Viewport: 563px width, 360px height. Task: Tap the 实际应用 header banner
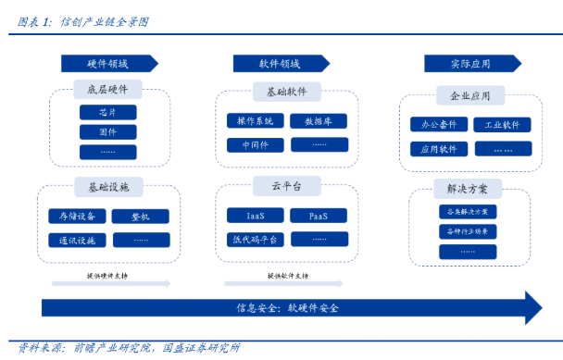pyautogui.click(x=470, y=63)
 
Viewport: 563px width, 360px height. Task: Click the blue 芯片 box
pyautogui.click(x=107, y=112)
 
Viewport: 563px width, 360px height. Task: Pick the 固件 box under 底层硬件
pyautogui.click(x=107, y=131)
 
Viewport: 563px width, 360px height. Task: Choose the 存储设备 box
pyautogui.click(x=78, y=217)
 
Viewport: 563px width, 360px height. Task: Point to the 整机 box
pyautogui.click(x=140, y=217)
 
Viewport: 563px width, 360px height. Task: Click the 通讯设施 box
pyautogui.click(x=78, y=240)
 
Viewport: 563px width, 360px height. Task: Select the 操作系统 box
pyautogui.click(x=256, y=121)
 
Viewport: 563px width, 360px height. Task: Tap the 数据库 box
pyautogui.click(x=319, y=121)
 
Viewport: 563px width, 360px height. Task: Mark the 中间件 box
pyautogui.click(x=256, y=144)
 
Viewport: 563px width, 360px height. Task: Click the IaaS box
pyautogui.click(x=256, y=216)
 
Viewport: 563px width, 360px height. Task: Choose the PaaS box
pyautogui.click(x=319, y=216)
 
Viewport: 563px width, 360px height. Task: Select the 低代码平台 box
pyautogui.click(x=256, y=239)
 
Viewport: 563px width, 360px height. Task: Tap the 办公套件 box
pyautogui.click(x=438, y=124)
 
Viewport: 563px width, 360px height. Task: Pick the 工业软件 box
pyautogui.click(x=502, y=124)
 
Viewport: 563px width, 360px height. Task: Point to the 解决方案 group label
pyautogui.click(x=468, y=189)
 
